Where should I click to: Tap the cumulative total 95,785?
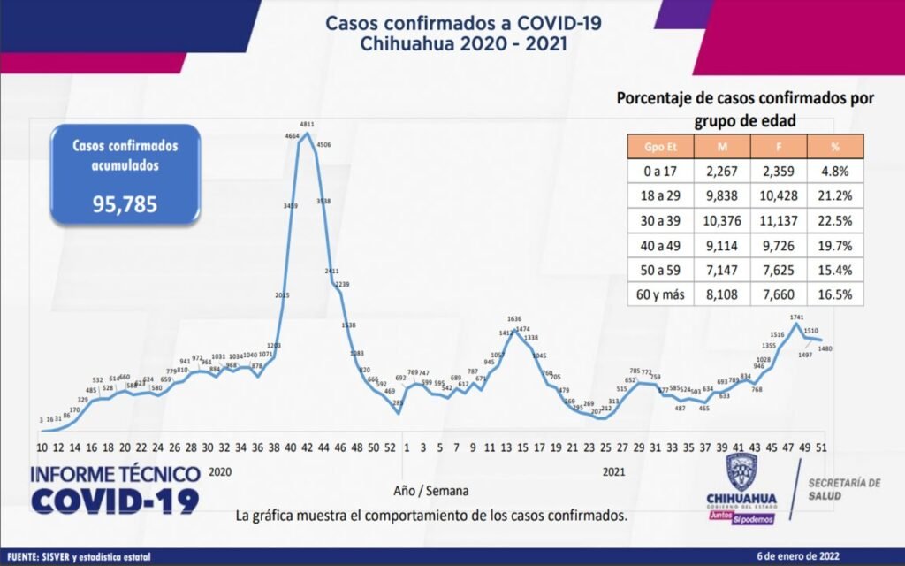pos(125,205)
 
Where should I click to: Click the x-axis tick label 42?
pos(306,447)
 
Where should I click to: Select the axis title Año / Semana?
pos(432,489)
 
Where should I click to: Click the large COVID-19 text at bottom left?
pos(115,501)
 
